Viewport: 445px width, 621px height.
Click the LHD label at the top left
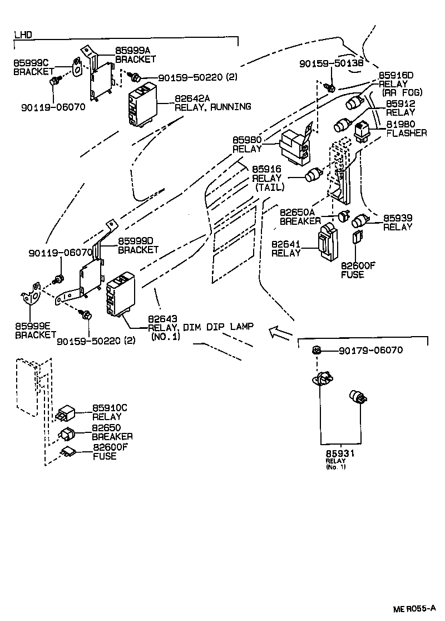tap(23, 34)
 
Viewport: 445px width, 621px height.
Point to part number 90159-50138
tap(331, 63)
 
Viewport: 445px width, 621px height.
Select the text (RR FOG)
tap(402, 92)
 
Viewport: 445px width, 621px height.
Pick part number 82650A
tap(297, 212)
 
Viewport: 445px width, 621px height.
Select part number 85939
tap(397, 218)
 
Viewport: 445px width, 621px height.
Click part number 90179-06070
tap(370, 351)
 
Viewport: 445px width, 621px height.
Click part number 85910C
tap(110, 407)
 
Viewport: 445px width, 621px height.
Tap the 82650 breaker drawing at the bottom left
tap(68, 433)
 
